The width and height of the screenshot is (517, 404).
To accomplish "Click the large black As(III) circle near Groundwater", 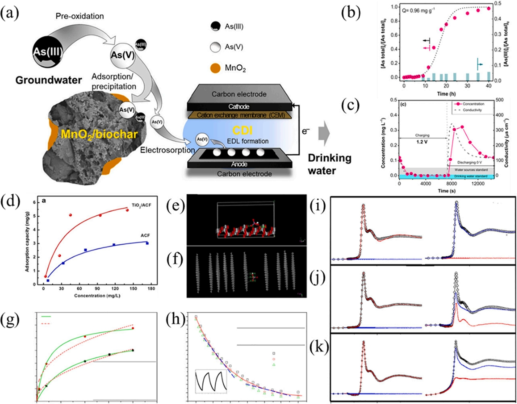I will tap(48, 52).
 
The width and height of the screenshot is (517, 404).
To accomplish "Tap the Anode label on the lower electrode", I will tap(239, 164).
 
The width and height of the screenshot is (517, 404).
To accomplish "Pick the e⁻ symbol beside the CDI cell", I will tap(306, 130).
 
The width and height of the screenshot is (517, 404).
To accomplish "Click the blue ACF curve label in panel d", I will tap(145, 236).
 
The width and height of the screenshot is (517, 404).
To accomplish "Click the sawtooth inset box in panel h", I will tap(211, 381).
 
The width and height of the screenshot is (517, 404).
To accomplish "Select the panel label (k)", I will tap(319, 348).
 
